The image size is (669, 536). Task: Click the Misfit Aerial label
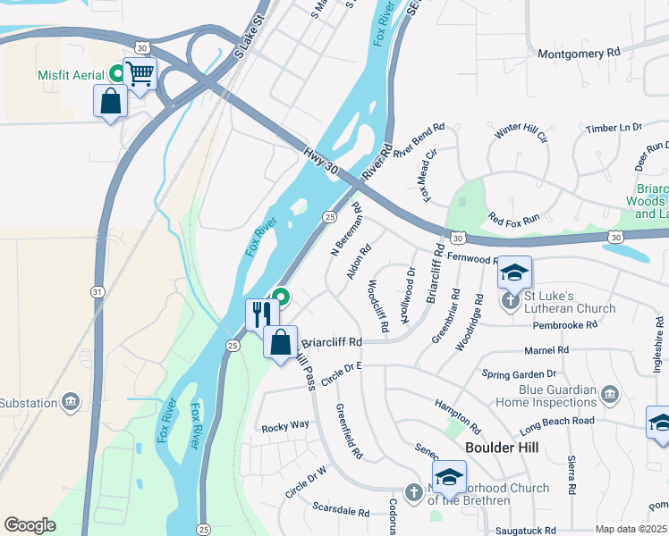[72, 76]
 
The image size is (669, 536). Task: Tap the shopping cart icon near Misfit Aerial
[140, 75]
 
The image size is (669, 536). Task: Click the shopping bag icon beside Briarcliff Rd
[281, 341]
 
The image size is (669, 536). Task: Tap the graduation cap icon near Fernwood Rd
[514, 272]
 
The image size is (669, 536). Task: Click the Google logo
[30, 525]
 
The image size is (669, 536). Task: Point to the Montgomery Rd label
[579, 54]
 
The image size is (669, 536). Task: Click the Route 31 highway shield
[97, 291]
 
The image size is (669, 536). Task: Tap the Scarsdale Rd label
[341, 513]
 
